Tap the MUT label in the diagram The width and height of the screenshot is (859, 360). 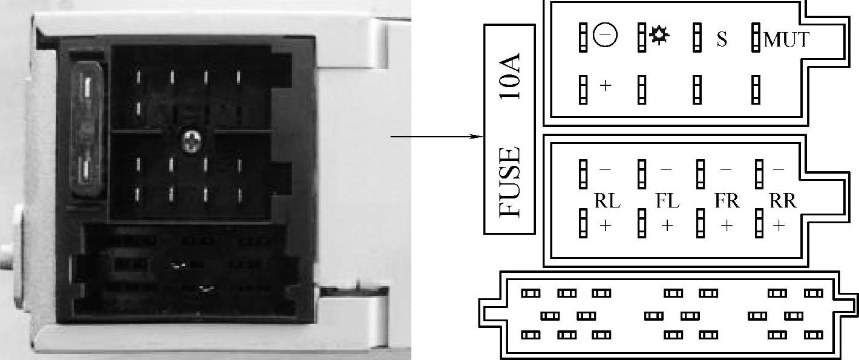point(786,40)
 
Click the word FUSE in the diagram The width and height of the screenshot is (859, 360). point(510,182)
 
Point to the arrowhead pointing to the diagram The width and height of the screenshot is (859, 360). point(477,137)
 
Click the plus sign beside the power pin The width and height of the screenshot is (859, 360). point(606,85)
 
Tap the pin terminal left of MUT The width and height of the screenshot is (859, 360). point(756,38)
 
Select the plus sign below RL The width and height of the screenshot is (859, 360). point(606,226)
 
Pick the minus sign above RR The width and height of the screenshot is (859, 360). point(779,171)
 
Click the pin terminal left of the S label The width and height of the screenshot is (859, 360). point(697,38)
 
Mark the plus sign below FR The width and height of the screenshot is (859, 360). point(727,226)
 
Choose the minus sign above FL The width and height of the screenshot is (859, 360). point(666,171)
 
